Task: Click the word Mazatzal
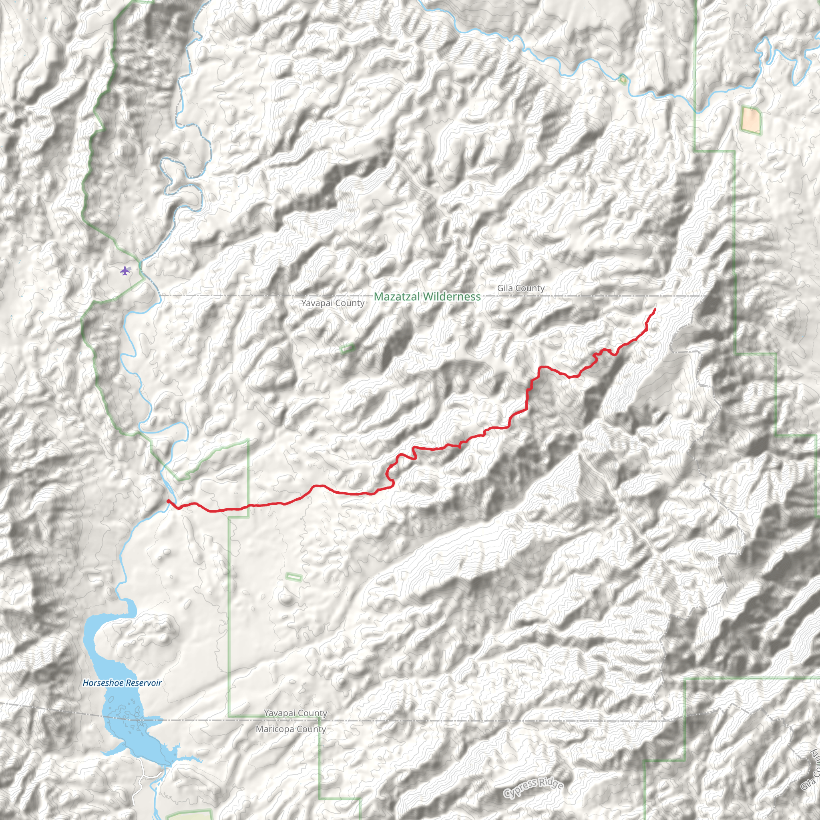click(396, 296)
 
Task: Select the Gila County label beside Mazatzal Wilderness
click(521, 288)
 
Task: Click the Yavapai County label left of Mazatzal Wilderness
click(333, 303)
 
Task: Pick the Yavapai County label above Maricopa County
click(295, 713)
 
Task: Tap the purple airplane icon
click(125, 270)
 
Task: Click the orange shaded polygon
click(750, 120)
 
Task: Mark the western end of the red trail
click(168, 501)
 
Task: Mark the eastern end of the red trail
click(655, 310)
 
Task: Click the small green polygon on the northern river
click(623, 78)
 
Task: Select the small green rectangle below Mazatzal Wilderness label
click(348, 348)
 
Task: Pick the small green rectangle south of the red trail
click(294, 577)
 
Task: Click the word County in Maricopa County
click(312, 729)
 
